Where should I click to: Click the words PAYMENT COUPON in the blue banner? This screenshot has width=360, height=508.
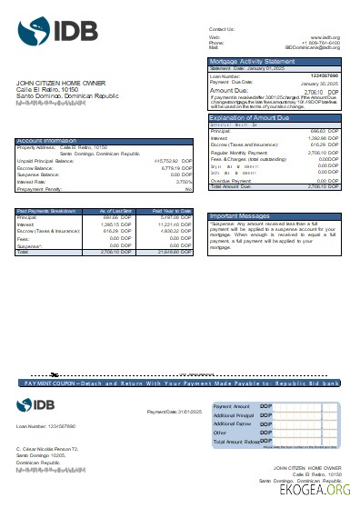tap(52, 384)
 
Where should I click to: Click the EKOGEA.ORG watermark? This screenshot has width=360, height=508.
tap(315, 490)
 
